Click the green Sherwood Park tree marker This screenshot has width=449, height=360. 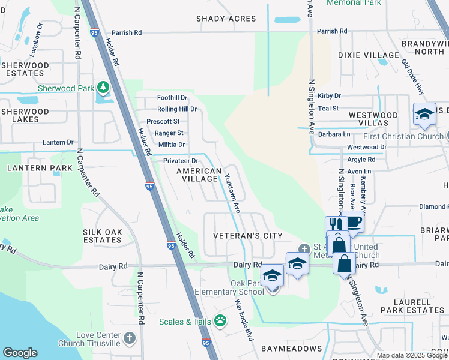(x=103, y=88)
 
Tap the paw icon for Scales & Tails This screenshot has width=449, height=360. (x=220, y=321)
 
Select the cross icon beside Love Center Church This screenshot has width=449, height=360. (x=130, y=339)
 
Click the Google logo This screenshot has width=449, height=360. (x=20, y=353)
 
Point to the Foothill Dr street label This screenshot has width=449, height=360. (x=172, y=98)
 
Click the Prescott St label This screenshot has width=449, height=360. (x=163, y=121)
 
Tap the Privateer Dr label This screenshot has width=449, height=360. (x=181, y=161)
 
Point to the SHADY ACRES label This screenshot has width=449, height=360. (x=226, y=19)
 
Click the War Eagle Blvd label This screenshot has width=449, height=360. (x=243, y=320)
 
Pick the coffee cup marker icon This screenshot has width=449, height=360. (x=353, y=221)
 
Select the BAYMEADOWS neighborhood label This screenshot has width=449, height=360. (x=291, y=348)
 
